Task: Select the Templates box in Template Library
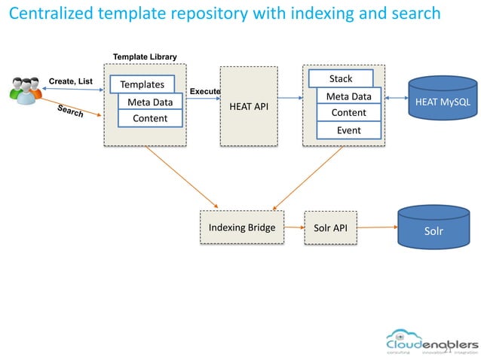[142, 84]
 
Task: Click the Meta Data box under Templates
[150, 102]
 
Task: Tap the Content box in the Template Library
[150, 118]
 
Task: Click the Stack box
[341, 79]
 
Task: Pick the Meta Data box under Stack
[348, 96]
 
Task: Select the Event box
[348, 130]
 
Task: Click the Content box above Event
[348, 113]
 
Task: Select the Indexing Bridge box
[241, 227]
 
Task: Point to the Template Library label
[145, 56]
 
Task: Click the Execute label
[204, 91]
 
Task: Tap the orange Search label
[70, 111]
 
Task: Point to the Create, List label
[70, 81]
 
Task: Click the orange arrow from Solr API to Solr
[377, 227]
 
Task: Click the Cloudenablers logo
[432, 341]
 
